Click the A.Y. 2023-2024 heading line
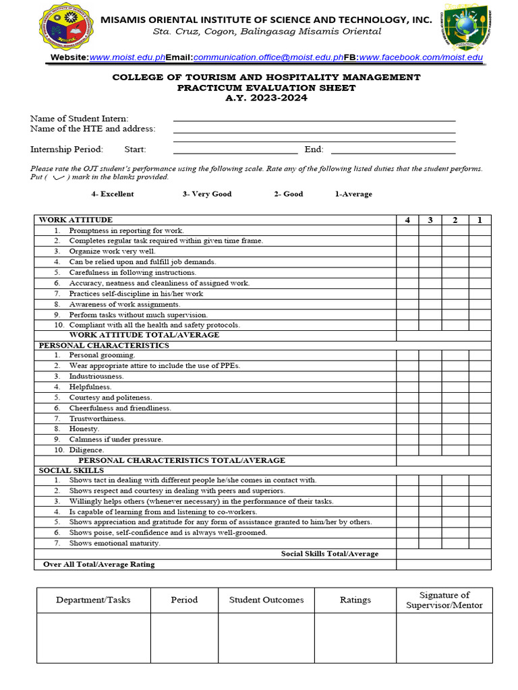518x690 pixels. pos(266,98)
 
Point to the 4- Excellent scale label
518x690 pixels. pos(113,194)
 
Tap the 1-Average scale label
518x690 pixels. pos(353,194)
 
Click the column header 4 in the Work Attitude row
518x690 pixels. pos(407,220)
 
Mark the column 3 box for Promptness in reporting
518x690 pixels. pos(430,230)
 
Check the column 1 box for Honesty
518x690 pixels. pos(480,429)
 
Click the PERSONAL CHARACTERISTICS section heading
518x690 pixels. pos(104,345)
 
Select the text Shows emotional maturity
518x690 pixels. pos(115,543)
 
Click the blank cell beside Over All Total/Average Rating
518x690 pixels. pos(443,564)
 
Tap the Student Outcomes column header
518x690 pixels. pos(266,600)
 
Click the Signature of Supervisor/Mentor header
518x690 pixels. pos(444,600)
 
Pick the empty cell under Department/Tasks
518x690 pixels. pos(93,637)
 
